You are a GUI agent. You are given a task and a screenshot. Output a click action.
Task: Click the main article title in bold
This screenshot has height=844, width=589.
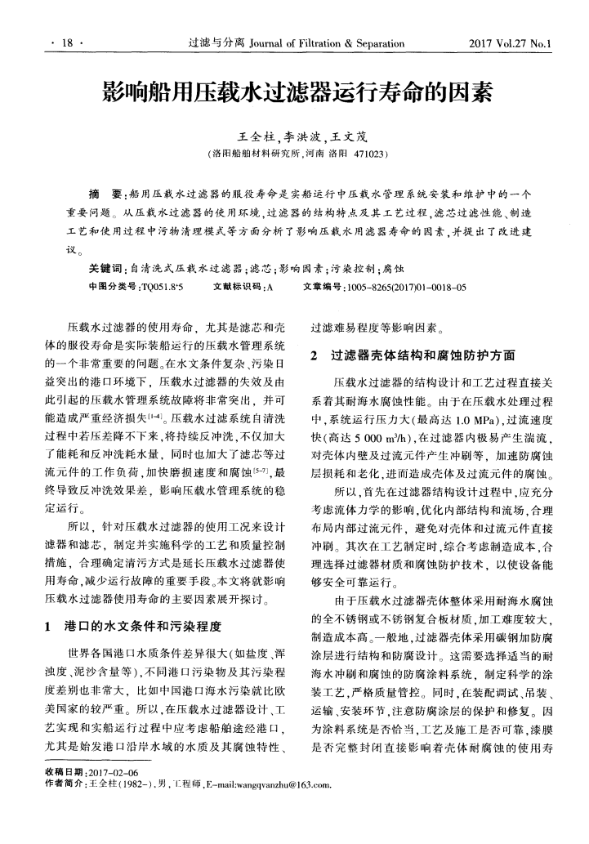pyautogui.click(x=294, y=92)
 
